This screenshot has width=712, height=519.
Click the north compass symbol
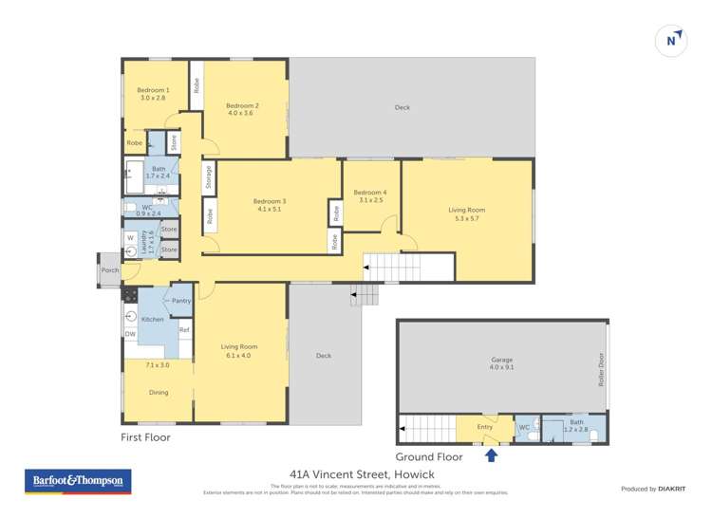(672, 41)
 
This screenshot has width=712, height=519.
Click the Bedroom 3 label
(269, 205)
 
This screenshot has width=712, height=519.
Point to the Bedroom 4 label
(372, 196)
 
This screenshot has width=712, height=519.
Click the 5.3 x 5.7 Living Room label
(467, 214)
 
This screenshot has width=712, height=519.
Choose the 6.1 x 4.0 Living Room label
(235, 352)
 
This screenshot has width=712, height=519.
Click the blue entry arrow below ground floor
(491, 456)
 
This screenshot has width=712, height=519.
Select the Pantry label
(181, 301)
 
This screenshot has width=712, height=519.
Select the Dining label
(158, 392)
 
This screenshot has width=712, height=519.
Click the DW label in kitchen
(130, 334)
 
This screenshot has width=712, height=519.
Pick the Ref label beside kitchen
(185, 330)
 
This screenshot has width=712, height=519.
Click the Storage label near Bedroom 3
(208, 177)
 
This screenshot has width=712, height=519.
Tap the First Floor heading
(145, 437)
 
